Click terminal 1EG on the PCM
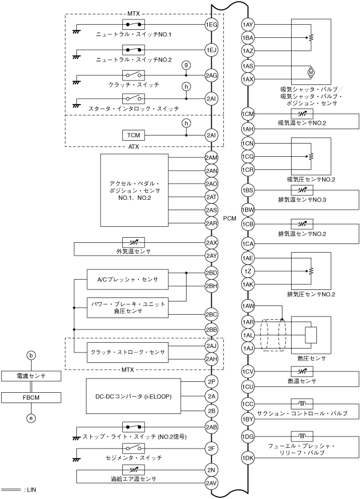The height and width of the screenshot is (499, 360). click(211, 25)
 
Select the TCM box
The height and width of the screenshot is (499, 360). click(133, 135)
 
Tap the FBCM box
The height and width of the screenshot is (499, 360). click(32, 397)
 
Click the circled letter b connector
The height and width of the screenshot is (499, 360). click(32, 356)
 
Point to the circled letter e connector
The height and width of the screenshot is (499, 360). click(32, 419)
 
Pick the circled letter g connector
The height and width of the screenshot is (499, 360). click(185, 65)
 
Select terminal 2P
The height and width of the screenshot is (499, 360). click(211, 381)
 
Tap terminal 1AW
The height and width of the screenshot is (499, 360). click(248, 306)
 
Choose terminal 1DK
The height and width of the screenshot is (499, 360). click(248, 458)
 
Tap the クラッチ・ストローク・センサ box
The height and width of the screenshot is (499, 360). click(127, 352)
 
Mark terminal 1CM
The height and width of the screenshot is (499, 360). click(248, 114)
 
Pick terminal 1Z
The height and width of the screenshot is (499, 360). click(248, 271)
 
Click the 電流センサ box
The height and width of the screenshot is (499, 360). click(32, 377)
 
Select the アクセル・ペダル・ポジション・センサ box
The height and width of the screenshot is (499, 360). click(134, 189)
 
